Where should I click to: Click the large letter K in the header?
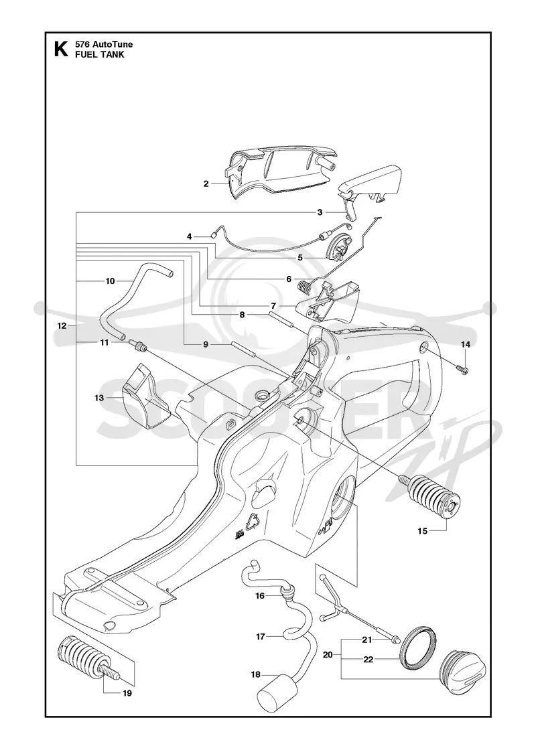tap(61, 50)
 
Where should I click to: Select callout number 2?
tap(206, 183)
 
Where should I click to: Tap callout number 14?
tap(465, 344)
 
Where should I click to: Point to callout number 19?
tap(127, 693)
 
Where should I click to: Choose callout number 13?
tap(100, 398)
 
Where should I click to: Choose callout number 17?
tap(261, 636)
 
